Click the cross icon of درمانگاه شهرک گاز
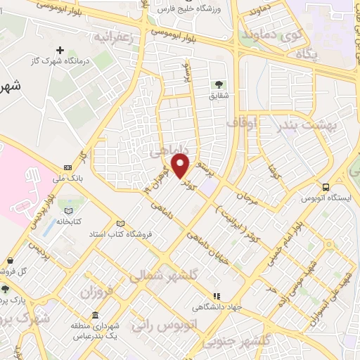[60, 51]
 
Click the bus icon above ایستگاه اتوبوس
[326, 187]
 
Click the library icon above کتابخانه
[68, 210]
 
